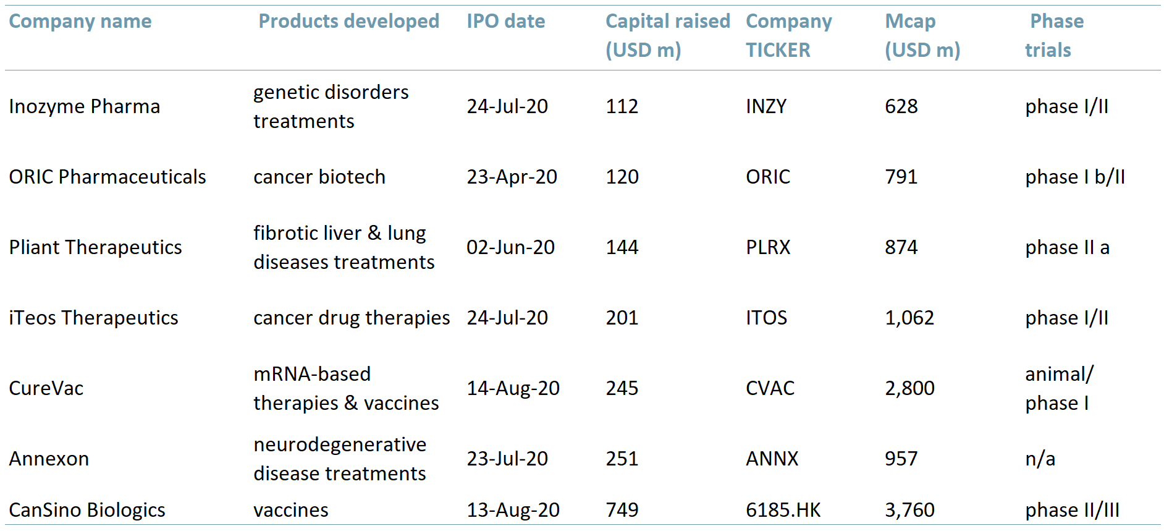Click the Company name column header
[80, 22]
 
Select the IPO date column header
[506, 22]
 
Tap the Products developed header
[349, 22]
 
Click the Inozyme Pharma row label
[85, 106]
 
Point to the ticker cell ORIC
[768, 177]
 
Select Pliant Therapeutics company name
[96, 247]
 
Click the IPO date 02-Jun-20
[510, 247]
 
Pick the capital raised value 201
[622, 318]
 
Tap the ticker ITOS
[766, 318]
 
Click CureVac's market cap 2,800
[910, 388]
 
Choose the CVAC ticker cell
[770, 388]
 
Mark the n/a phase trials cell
[1040, 459]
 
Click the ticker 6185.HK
[783, 510]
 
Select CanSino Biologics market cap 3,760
[910, 510]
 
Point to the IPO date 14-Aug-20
[513, 388]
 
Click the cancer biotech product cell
[319, 177]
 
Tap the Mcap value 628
[901, 106]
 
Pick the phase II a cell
[1068, 247]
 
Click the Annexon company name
[49, 459]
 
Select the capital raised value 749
[622, 510]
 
